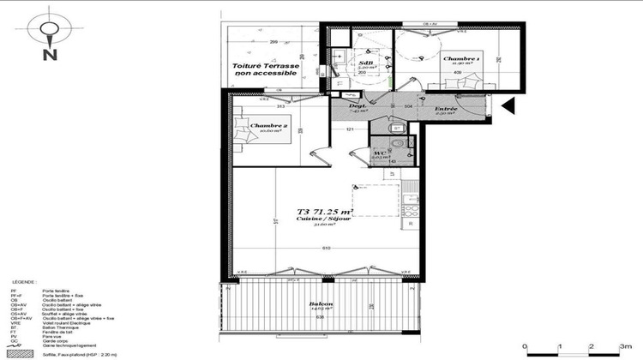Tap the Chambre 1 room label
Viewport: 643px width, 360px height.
pos(460,59)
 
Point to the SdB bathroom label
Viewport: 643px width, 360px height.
pos(366,63)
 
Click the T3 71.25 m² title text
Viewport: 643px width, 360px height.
pos(326,212)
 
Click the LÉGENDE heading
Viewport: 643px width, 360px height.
pos(24,282)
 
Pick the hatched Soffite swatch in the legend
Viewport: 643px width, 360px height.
pos(21,353)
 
